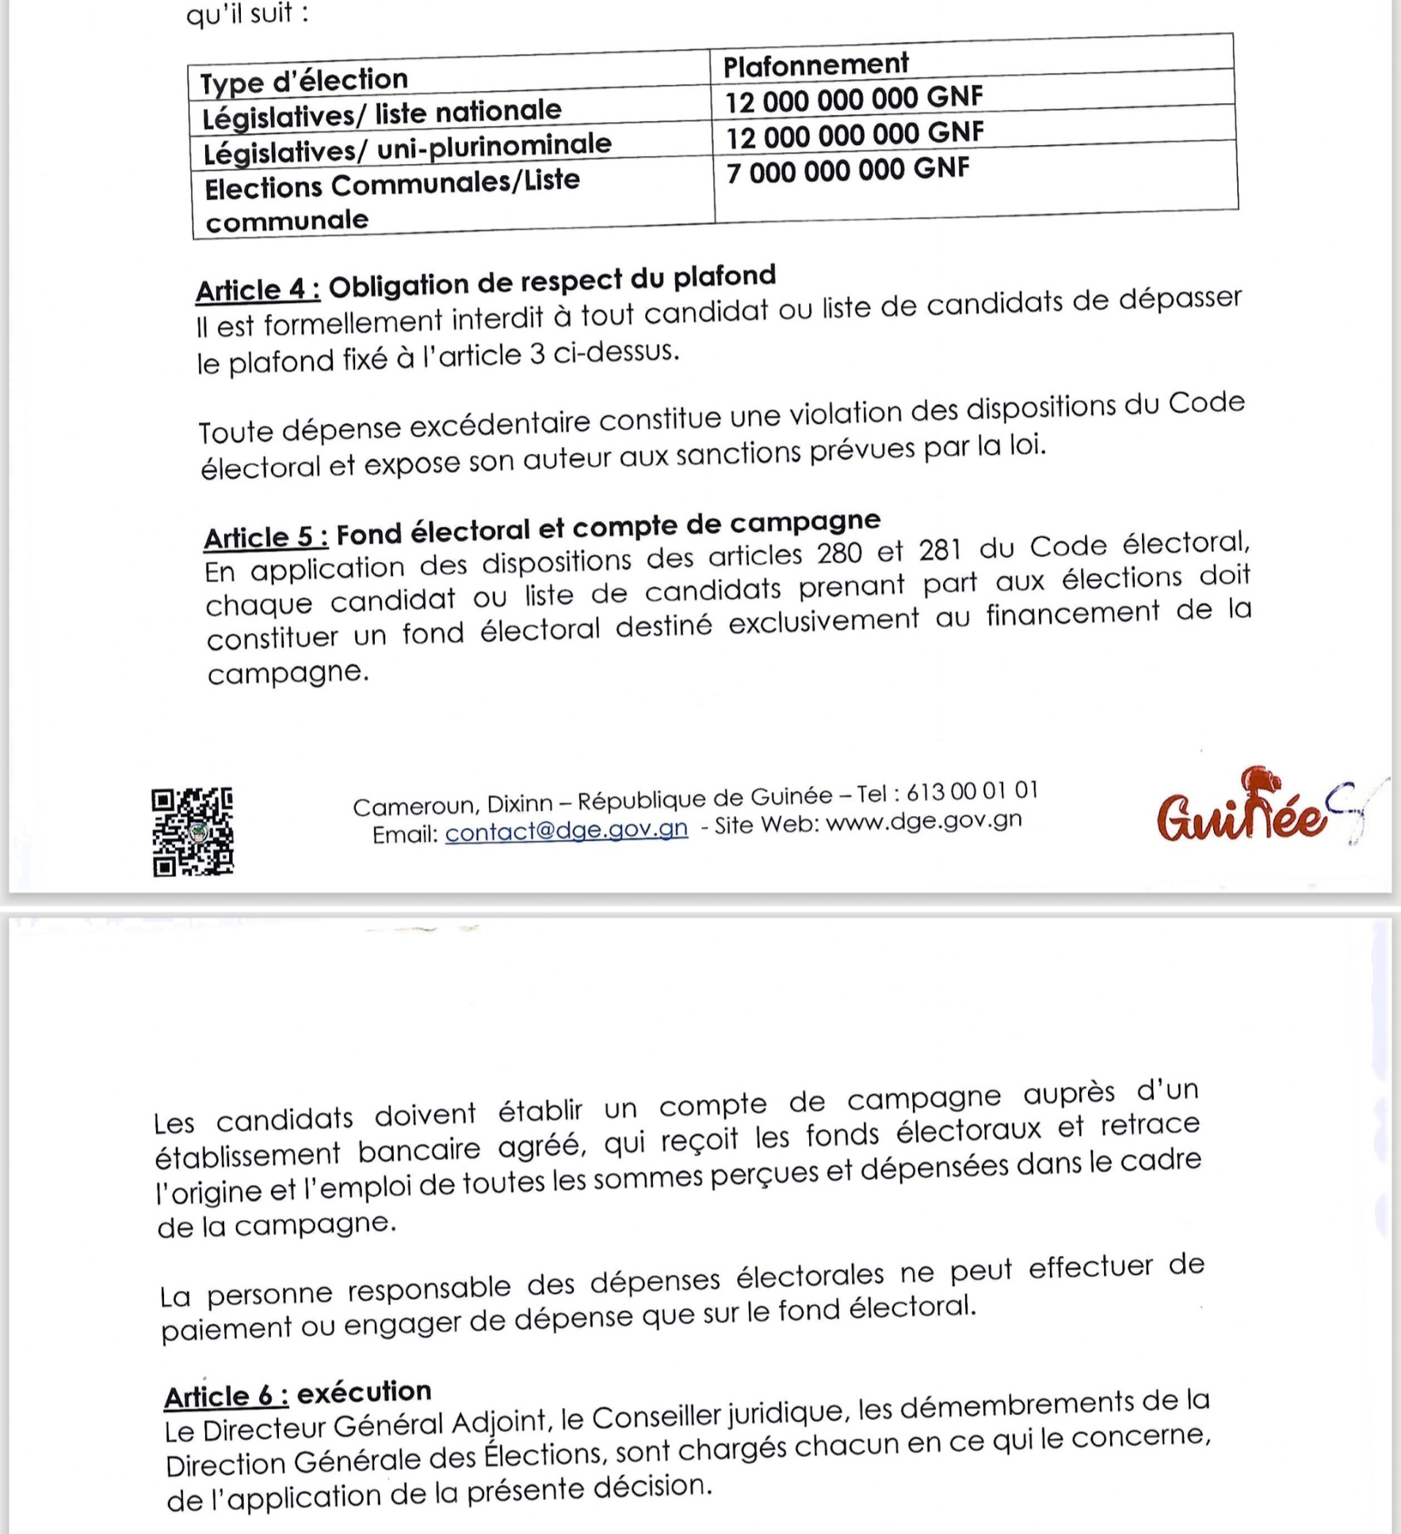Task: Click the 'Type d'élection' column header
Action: (x=303, y=80)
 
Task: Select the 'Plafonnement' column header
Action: (x=815, y=64)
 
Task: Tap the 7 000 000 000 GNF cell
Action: (x=847, y=170)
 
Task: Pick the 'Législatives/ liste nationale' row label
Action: (x=381, y=113)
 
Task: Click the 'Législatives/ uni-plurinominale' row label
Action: (x=407, y=148)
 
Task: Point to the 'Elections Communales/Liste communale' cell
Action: (x=391, y=200)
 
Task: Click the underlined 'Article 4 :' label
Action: (x=258, y=289)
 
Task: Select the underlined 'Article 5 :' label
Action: (x=266, y=536)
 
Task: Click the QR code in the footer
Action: (x=193, y=831)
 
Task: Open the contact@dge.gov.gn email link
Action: (x=567, y=830)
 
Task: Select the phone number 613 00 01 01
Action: (x=972, y=792)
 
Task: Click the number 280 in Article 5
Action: (x=839, y=552)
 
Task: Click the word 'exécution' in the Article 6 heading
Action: (x=364, y=1391)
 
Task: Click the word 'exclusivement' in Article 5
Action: (x=823, y=622)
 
